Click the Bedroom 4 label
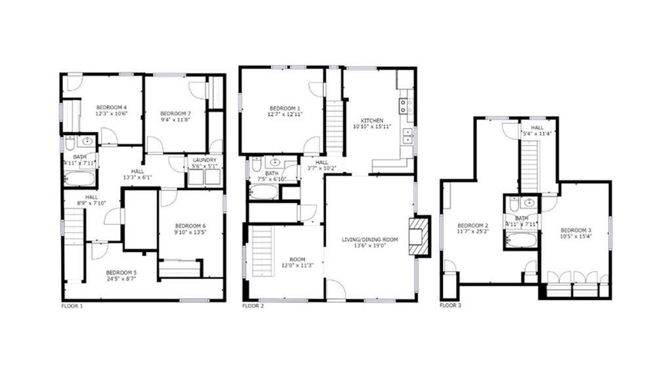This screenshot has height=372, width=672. [111, 107]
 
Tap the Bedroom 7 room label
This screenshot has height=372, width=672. [174, 113]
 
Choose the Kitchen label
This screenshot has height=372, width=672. [371, 121]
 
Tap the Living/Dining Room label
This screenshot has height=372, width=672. [369, 239]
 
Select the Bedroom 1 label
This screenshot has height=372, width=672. [285, 108]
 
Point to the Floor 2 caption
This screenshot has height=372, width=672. [253, 306]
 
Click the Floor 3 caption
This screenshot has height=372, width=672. [450, 306]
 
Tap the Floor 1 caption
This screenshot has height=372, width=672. [72, 306]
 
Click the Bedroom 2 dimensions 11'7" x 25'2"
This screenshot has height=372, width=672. [472, 231]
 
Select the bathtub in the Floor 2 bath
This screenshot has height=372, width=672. [264, 191]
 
